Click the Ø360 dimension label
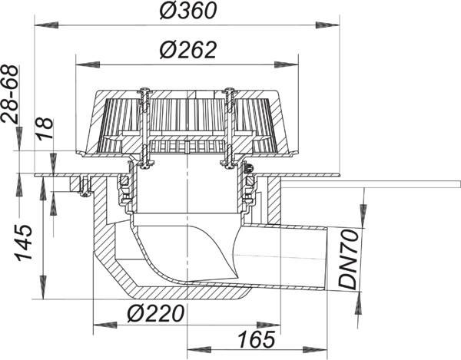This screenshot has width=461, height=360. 188,11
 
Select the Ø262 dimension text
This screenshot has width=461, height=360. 188,50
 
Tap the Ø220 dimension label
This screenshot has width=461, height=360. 156,313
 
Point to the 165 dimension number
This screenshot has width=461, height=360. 257,339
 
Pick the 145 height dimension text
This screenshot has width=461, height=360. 24,243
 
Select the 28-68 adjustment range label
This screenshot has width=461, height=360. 9,94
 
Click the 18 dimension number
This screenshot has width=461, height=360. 45,128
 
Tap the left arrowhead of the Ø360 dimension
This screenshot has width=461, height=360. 46,25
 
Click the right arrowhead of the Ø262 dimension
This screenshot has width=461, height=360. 287,64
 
